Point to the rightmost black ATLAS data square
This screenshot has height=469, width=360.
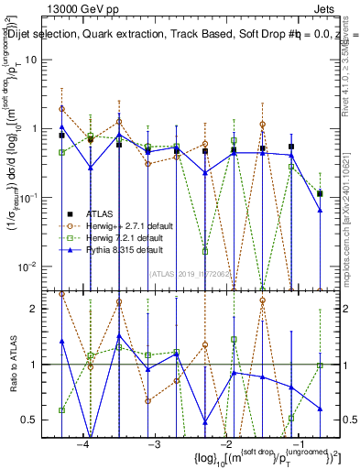pyautogui.click(x=320, y=193)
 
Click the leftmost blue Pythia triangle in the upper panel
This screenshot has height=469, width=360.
pyautogui.click(x=61, y=127)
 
